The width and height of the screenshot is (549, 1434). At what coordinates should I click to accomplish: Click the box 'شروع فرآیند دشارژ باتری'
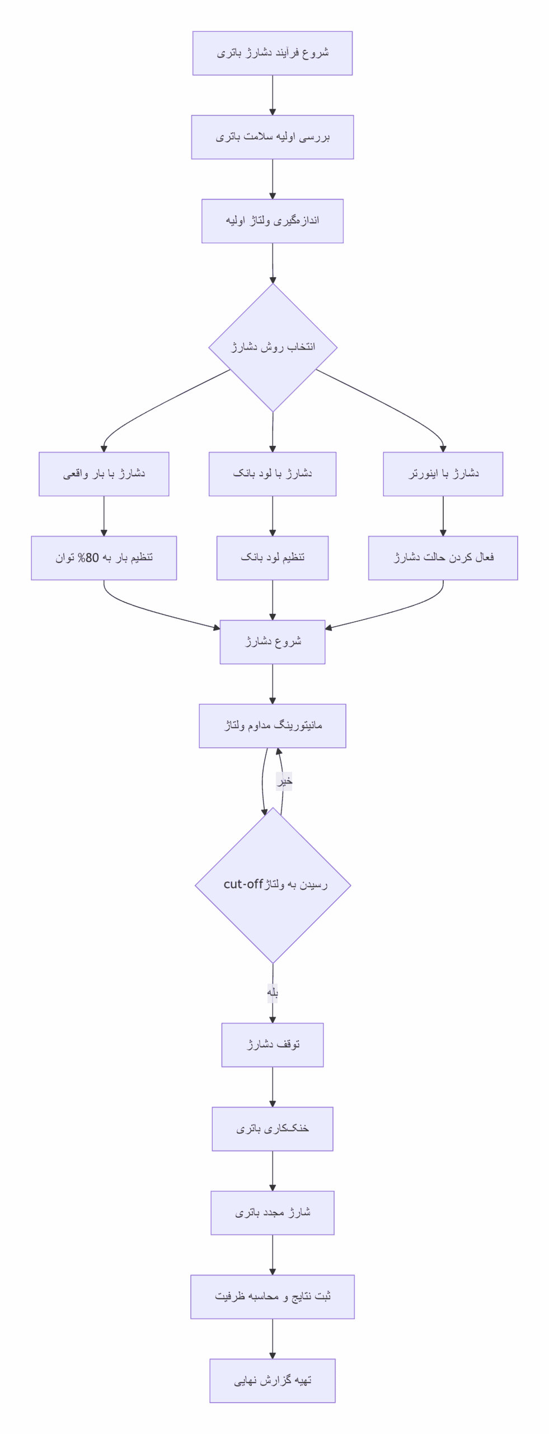[273, 53]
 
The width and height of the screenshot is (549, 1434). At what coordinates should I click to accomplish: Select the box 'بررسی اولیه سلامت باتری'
[273, 137]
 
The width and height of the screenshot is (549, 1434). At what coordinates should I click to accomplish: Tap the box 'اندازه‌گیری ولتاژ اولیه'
[273, 221]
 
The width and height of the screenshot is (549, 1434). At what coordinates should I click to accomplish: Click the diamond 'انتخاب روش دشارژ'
[273, 347]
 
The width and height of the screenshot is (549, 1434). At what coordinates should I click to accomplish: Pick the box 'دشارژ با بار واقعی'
[104, 474]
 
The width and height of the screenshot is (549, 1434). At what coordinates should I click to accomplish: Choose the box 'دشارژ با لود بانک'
[273, 474]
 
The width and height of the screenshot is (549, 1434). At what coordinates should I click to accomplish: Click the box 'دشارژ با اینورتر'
[443, 474]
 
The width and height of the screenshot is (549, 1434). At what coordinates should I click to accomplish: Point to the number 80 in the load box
[92, 558]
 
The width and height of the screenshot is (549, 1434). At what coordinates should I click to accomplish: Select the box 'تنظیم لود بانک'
[273, 558]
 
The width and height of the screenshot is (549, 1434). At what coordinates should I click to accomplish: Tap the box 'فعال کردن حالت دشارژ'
[443, 558]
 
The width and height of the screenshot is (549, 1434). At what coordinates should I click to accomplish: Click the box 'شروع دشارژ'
[273, 642]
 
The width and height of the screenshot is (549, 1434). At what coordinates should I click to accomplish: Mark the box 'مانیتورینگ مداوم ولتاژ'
[273, 726]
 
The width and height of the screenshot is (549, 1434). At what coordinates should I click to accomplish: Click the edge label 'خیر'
[284, 781]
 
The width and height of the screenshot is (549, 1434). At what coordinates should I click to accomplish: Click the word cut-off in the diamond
[243, 884]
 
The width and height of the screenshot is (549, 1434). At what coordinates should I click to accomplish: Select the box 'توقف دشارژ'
[273, 1045]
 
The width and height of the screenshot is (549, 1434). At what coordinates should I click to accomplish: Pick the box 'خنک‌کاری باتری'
[273, 1129]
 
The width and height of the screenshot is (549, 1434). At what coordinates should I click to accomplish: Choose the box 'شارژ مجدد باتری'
[273, 1213]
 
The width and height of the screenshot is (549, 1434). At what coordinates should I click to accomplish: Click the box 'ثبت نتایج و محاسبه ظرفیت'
[273, 1297]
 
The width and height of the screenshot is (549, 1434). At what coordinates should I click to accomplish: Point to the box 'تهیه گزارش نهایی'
[273, 1381]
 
